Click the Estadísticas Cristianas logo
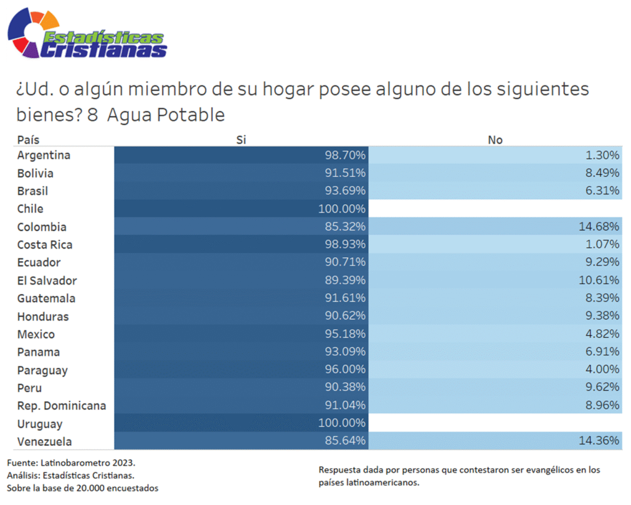86,35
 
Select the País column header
28,139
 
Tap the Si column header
241,139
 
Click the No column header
495,139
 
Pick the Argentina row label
43,155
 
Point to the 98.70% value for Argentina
345,155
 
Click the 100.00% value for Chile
342,208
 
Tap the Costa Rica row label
44,245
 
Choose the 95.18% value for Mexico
345,334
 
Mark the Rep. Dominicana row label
61,406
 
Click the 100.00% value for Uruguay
342,424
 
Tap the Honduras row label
43,316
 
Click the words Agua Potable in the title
166,115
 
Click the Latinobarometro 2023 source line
71,462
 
